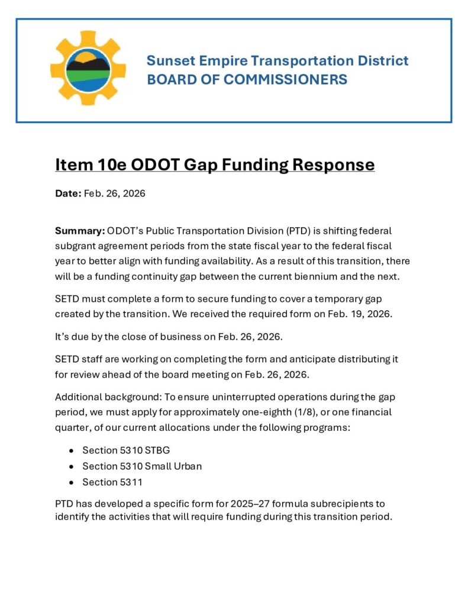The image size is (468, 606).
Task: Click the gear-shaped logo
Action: click(88, 67)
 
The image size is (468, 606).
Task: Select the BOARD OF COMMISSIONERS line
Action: click(247, 79)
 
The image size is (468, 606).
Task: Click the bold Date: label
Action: click(67, 194)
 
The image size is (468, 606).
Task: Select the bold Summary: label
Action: click(80, 230)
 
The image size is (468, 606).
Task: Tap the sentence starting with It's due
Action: click(169, 337)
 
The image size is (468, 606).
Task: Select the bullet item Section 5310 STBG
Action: click(126, 450)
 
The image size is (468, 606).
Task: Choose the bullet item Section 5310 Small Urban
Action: click(142, 466)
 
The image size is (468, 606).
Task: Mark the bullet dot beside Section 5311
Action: click(71, 483)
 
